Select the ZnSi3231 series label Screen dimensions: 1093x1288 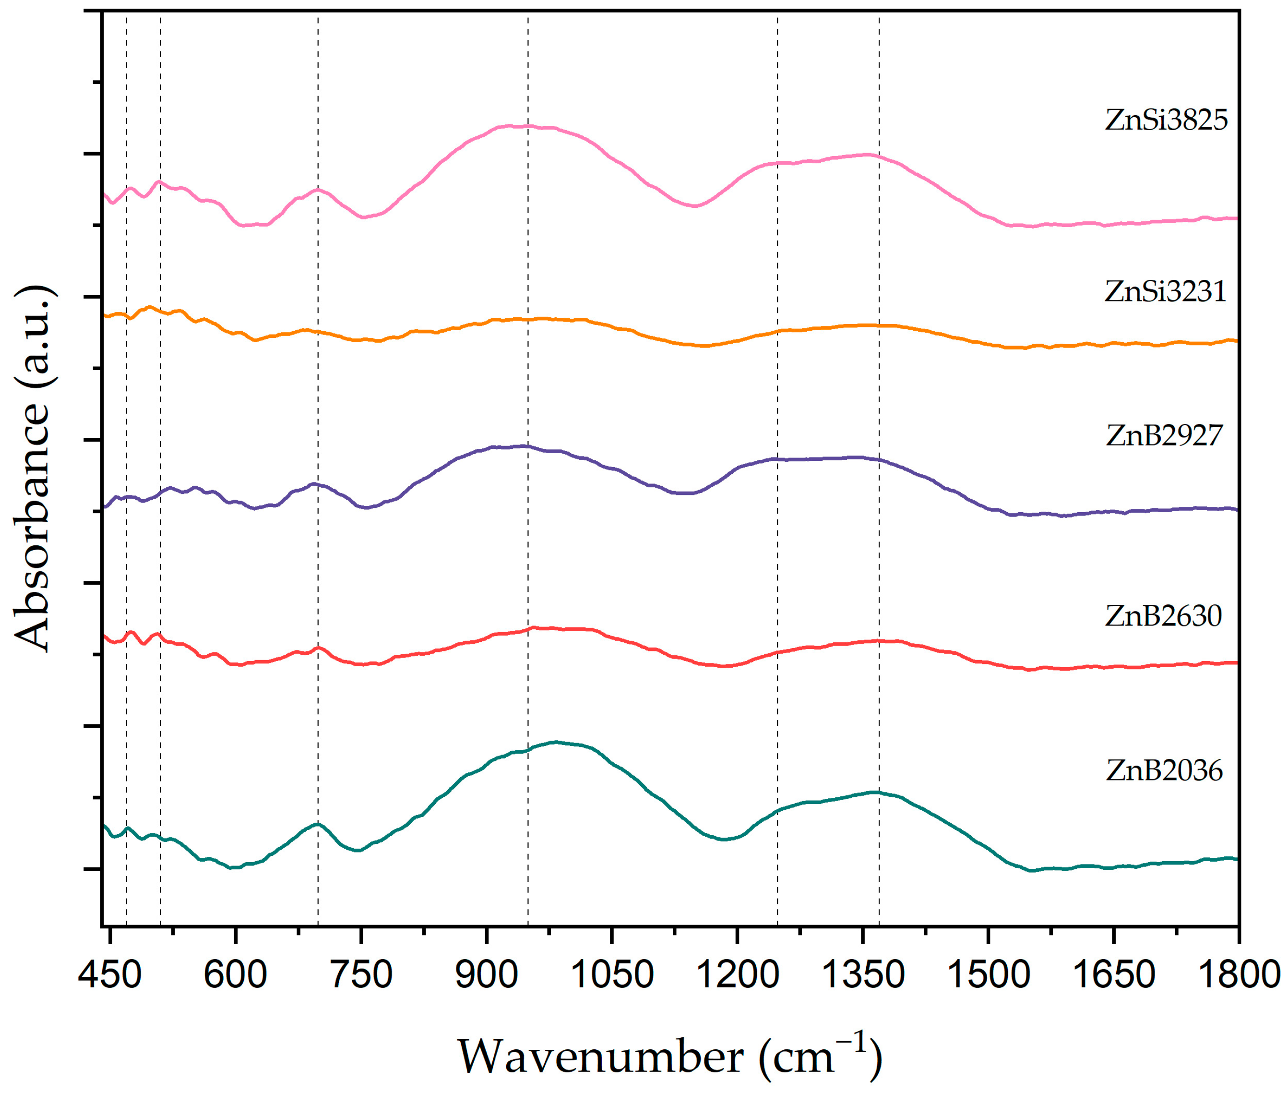(x=1165, y=291)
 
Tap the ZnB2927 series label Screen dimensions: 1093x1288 (x=1164, y=435)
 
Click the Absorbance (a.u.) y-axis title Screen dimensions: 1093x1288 (x=32, y=468)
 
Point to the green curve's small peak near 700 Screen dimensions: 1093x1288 (x=318, y=824)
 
